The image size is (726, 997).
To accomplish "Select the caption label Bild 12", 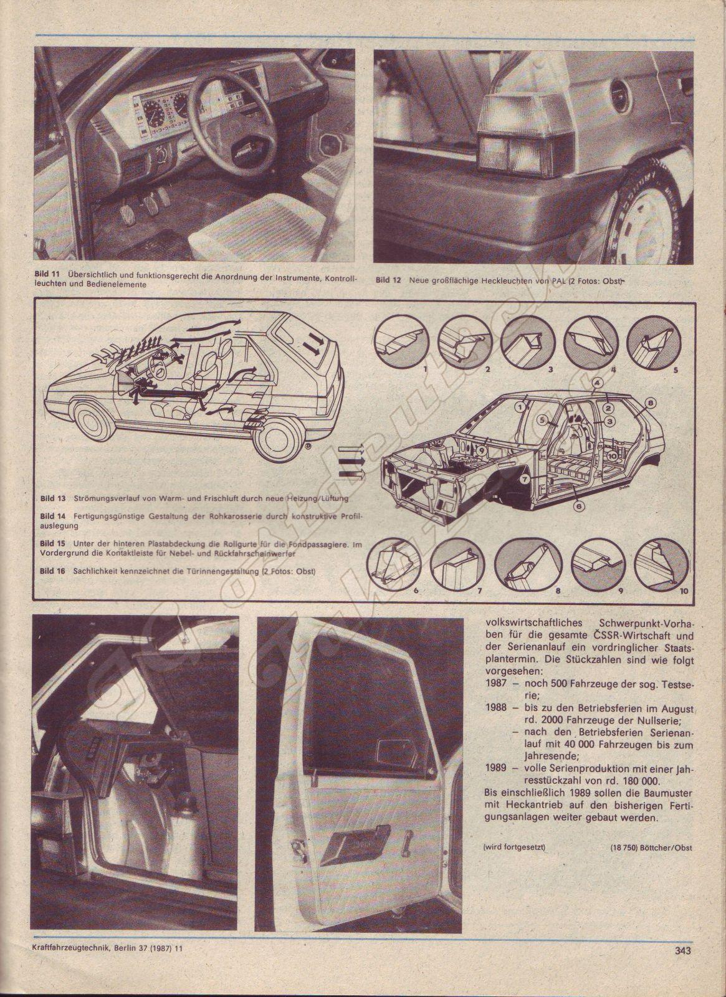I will tap(388, 280).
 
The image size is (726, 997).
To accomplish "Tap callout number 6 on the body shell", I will tap(578, 507).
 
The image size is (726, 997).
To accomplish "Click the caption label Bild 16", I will tap(52, 571).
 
